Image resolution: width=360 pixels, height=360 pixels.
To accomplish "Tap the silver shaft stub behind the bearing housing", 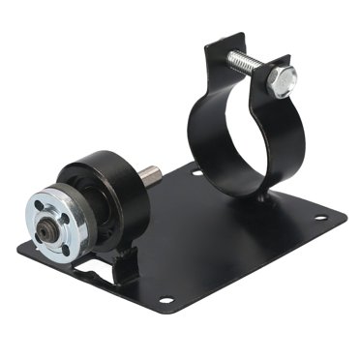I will point(150,176).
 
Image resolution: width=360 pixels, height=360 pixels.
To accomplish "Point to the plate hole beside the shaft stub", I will point(196,173).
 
